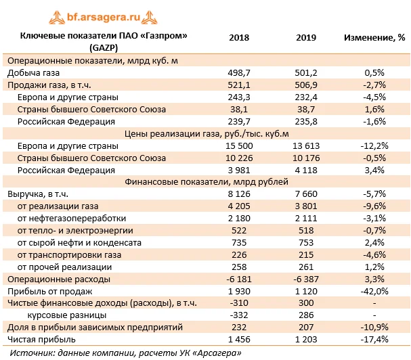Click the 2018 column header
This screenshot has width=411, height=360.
coord(239,37)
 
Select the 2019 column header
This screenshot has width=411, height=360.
coord(307,37)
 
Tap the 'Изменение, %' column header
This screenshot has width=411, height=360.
coord(374,37)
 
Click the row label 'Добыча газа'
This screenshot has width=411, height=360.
coord(32,72)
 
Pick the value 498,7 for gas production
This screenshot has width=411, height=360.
coord(239,72)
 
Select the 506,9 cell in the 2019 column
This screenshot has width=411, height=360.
coord(307,85)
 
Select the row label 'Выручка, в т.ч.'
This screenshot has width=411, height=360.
coord(37,194)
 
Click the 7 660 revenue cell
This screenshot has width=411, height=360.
coord(307,194)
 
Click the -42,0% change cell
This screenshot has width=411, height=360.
coord(374,291)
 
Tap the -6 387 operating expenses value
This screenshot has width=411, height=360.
coord(307,279)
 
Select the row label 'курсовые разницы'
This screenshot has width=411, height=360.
coord(66,315)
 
